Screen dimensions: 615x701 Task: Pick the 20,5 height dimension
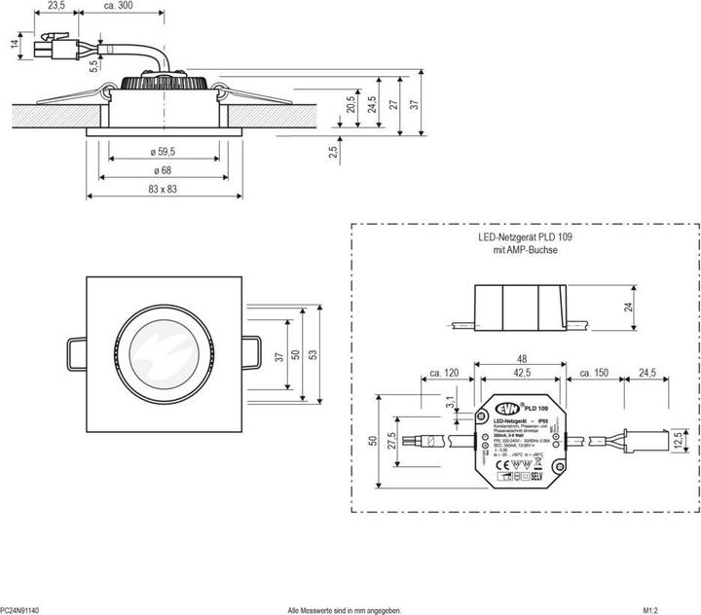pyautogui.click(x=350, y=105)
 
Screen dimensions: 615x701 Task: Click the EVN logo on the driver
pyautogui.click(x=500, y=409)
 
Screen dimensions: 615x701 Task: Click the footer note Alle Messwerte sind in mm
pyautogui.click(x=344, y=609)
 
